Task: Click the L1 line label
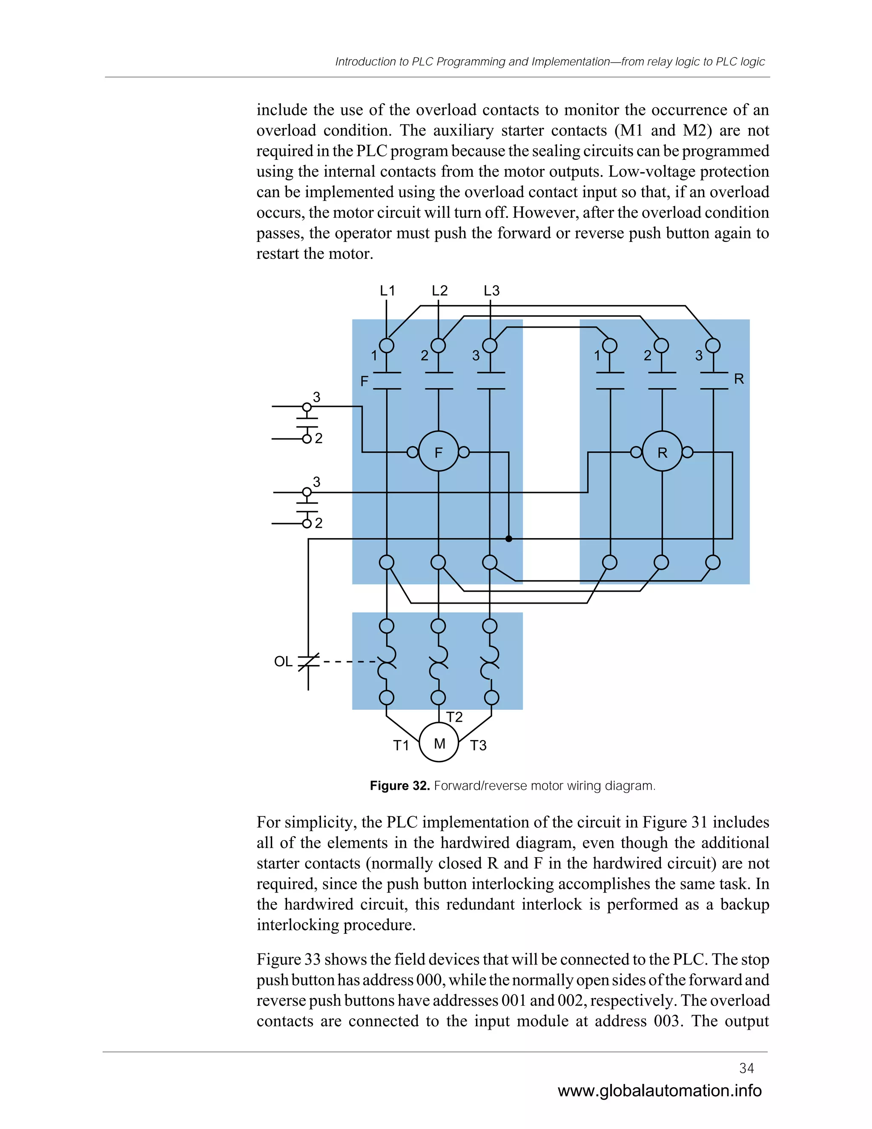click(x=387, y=291)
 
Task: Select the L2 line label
click(x=439, y=291)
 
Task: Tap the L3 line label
click(x=491, y=291)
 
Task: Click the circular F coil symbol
click(x=438, y=452)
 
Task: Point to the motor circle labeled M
click(x=439, y=743)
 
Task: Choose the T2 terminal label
click(x=454, y=717)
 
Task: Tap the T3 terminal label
click(x=478, y=745)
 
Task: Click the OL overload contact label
click(x=283, y=661)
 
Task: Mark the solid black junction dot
click(x=508, y=539)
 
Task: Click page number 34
click(x=746, y=1068)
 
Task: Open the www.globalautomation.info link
click(x=659, y=1091)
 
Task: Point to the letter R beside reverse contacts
click(x=739, y=379)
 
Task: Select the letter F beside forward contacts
click(x=364, y=381)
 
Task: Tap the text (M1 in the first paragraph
click(x=628, y=130)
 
